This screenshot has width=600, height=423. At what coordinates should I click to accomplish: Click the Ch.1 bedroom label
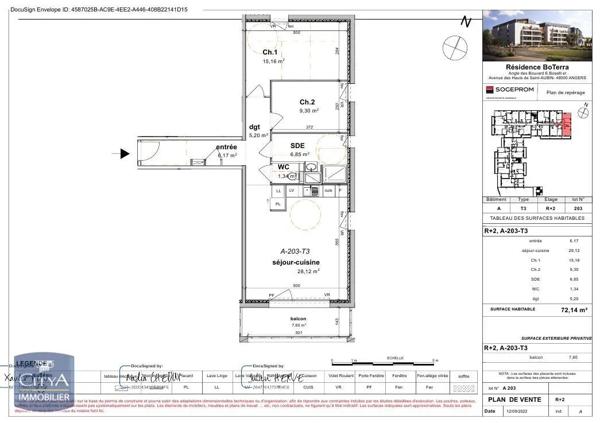click(270, 52)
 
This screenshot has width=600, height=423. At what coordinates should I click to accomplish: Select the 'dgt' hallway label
click(255, 127)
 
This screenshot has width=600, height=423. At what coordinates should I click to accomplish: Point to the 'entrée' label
click(227, 148)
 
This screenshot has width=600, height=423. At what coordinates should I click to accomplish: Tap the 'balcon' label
click(298, 319)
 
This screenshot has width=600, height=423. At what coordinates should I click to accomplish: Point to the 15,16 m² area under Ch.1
click(273, 61)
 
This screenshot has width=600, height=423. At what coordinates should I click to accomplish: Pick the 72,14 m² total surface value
click(573, 311)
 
